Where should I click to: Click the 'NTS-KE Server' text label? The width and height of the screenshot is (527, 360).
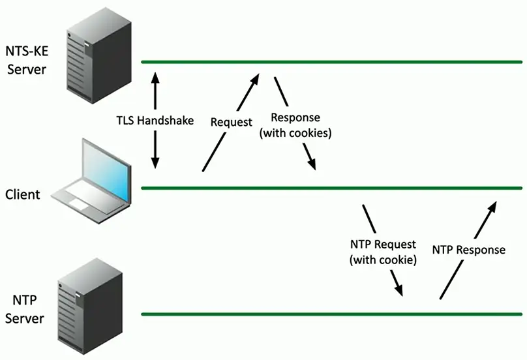point(25,59)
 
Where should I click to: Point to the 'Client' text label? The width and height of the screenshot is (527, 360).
point(22,194)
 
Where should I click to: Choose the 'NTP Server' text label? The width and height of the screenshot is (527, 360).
point(28,309)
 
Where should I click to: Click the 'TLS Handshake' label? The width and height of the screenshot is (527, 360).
point(155,121)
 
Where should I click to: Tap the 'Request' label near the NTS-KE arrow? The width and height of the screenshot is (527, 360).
point(232,122)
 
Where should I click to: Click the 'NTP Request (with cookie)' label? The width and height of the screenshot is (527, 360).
point(383,252)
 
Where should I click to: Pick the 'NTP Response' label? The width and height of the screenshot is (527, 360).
point(468,250)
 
